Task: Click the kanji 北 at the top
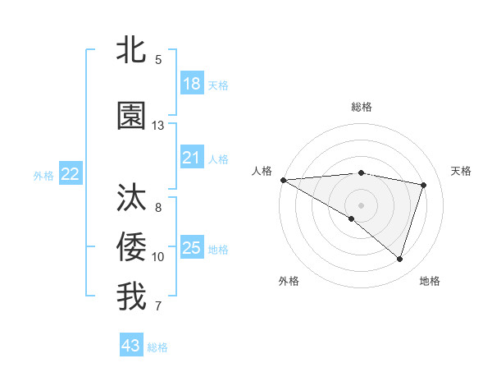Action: (x=132, y=51)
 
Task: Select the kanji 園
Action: (x=132, y=117)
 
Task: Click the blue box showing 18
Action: (x=191, y=84)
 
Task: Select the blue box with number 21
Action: (x=191, y=159)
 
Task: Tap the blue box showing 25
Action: (x=191, y=248)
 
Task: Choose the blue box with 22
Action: (x=71, y=174)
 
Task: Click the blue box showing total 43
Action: (x=131, y=346)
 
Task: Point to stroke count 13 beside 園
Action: (x=158, y=126)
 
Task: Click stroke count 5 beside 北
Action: (x=158, y=60)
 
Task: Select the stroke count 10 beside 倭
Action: (x=158, y=257)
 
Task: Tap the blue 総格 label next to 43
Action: (x=157, y=347)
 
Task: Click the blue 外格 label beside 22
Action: (x=43, y=175)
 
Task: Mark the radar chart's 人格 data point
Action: (x=283, y=180)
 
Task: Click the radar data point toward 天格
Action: (x=424, y=185)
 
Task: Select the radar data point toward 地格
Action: (x=399, y=260)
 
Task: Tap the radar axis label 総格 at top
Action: (x=362, y=107)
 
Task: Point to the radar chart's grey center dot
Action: (x=361, y=204)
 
